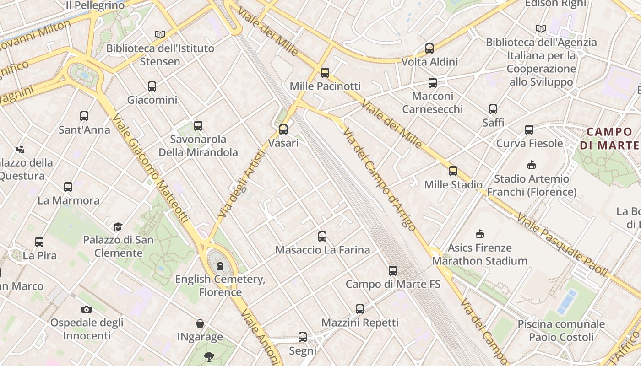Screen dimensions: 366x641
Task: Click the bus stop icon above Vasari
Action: [x=283, y=129]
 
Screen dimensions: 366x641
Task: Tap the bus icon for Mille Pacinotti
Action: [x=325, y=73]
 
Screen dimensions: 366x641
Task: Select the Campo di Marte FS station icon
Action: [x=392, y=271]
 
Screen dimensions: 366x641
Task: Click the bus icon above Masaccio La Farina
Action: [x=322, y=237]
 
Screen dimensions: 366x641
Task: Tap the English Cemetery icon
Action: [x=220, y=266]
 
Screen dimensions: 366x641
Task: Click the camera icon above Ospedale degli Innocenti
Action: [x=86, y=310]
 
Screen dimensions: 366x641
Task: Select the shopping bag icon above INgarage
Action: [x=200, y=324]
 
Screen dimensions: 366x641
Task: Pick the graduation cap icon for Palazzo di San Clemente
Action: [x=118, y=226]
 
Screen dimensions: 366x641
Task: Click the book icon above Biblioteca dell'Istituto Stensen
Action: [x=160, y=35]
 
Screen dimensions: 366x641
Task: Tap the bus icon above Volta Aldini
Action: [x=429, y=48]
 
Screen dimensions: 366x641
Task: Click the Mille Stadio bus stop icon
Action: [x=453, y=172]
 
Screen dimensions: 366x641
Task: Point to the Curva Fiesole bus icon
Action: [x=529, y=130]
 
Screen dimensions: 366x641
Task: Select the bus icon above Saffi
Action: [x=493, y=109]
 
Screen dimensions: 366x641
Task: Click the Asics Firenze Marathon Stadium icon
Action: [x=479, y=234]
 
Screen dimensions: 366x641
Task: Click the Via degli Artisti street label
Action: [x=242, y=184]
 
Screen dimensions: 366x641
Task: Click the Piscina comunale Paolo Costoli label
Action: [x=561, y=331]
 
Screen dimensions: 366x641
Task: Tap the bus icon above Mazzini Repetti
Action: [x=360, y=309]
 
